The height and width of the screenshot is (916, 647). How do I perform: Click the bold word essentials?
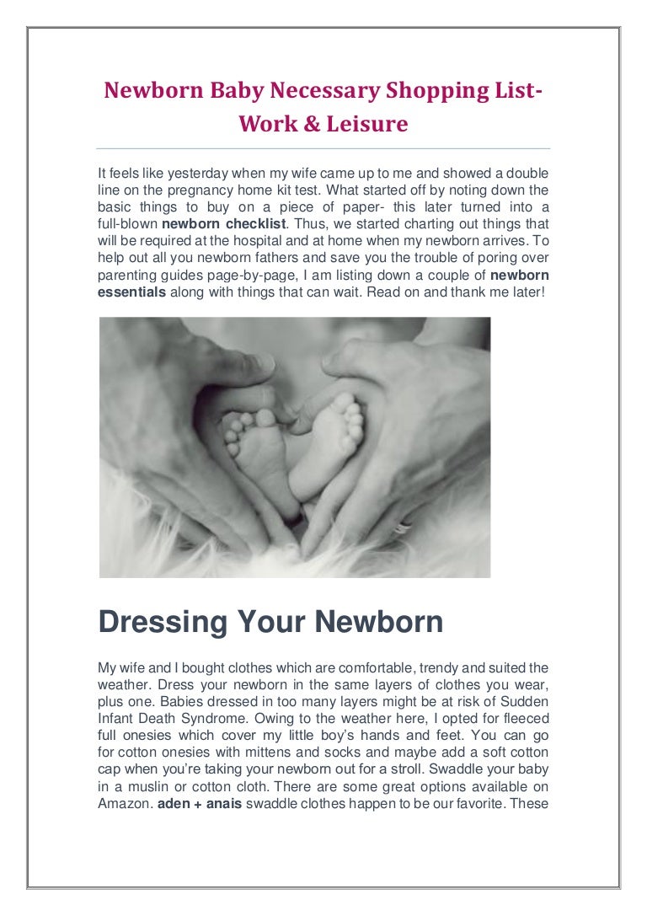133,292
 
